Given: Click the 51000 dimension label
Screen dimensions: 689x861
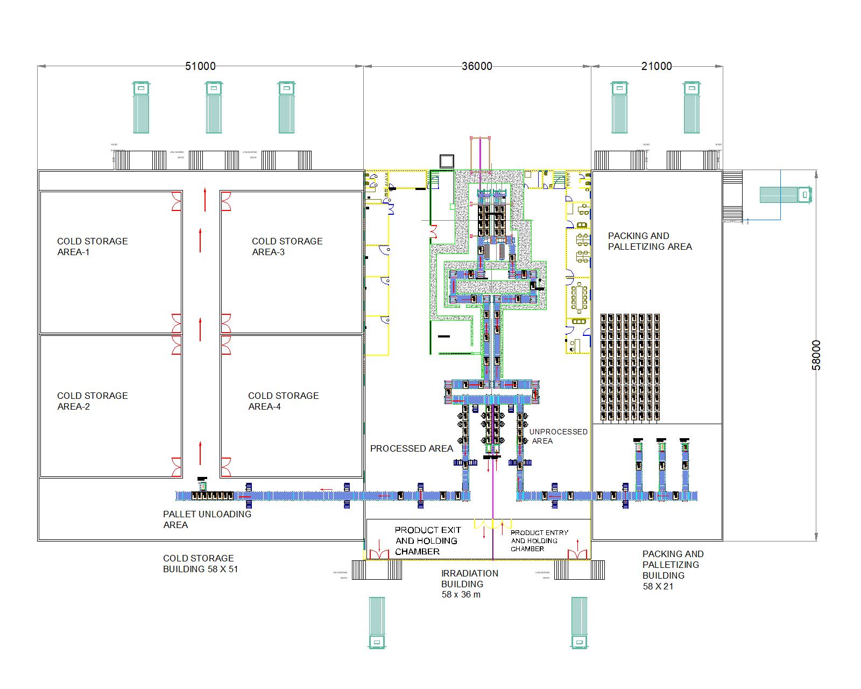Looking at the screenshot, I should [200, 66].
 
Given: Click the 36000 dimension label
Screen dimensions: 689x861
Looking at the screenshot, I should [477, 66].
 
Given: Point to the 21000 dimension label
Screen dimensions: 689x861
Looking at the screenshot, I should [657, 66].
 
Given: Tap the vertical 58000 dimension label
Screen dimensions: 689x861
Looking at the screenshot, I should [816, 355].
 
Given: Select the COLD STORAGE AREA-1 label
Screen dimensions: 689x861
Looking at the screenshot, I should [93, 247].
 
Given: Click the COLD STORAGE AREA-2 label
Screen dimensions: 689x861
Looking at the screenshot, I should [93, 401].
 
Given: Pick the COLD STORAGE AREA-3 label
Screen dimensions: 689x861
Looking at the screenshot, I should [287, 247].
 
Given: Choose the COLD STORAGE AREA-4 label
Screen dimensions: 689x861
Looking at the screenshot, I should [283, 401].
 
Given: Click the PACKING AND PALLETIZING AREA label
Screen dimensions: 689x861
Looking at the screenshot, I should [650, 241].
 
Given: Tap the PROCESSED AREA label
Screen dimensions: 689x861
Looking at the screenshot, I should [411, 448].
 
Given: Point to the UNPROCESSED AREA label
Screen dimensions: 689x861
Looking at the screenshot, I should [558, 436].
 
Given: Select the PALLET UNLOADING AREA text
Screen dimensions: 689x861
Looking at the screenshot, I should [207, 519].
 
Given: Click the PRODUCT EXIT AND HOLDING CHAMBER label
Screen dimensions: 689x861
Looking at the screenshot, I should [426, 540].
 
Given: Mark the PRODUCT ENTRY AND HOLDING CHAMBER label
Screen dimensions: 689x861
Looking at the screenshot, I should [539, 540].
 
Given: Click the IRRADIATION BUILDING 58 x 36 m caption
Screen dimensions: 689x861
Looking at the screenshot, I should [469, 584].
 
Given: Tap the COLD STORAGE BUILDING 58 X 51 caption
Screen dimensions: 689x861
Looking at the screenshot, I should [200, 564].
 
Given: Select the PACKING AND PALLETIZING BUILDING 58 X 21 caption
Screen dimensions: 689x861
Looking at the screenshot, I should [673, 570].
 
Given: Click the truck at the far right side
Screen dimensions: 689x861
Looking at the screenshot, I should [786, 195].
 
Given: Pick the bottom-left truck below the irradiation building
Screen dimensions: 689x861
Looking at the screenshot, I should [377, 622].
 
